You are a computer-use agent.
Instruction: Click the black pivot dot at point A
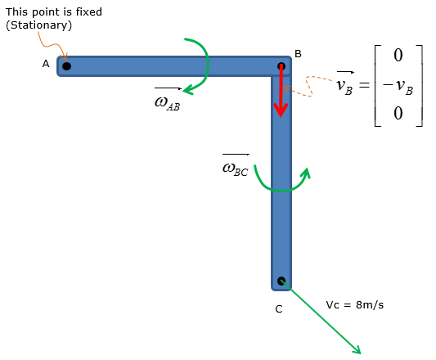pos(67,66)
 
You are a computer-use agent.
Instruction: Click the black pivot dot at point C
pos(281,281)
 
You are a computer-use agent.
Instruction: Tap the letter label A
pos(46,64)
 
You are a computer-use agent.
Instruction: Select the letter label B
pos(298,54)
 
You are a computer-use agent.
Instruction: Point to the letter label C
pos(279,309)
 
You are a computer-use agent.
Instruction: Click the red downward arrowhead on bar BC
pos(281,110)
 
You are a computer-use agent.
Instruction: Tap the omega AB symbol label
pos(168,100)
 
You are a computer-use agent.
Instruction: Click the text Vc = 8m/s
pos(355,305)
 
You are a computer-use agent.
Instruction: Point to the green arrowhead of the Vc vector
pos(357,350)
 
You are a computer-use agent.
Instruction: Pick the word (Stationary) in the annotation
pos(39,25)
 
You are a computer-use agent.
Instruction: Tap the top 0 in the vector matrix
pos(398,55)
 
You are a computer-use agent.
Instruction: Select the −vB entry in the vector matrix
pos(398,86)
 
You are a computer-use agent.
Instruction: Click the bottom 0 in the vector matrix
pos(398,113)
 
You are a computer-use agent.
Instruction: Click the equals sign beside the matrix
pos(364,84)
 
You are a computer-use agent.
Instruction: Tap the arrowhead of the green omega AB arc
pos(188,89)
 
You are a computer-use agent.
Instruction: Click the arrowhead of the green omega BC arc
pos(307,173)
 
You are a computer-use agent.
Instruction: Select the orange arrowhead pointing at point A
pos(65,56)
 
